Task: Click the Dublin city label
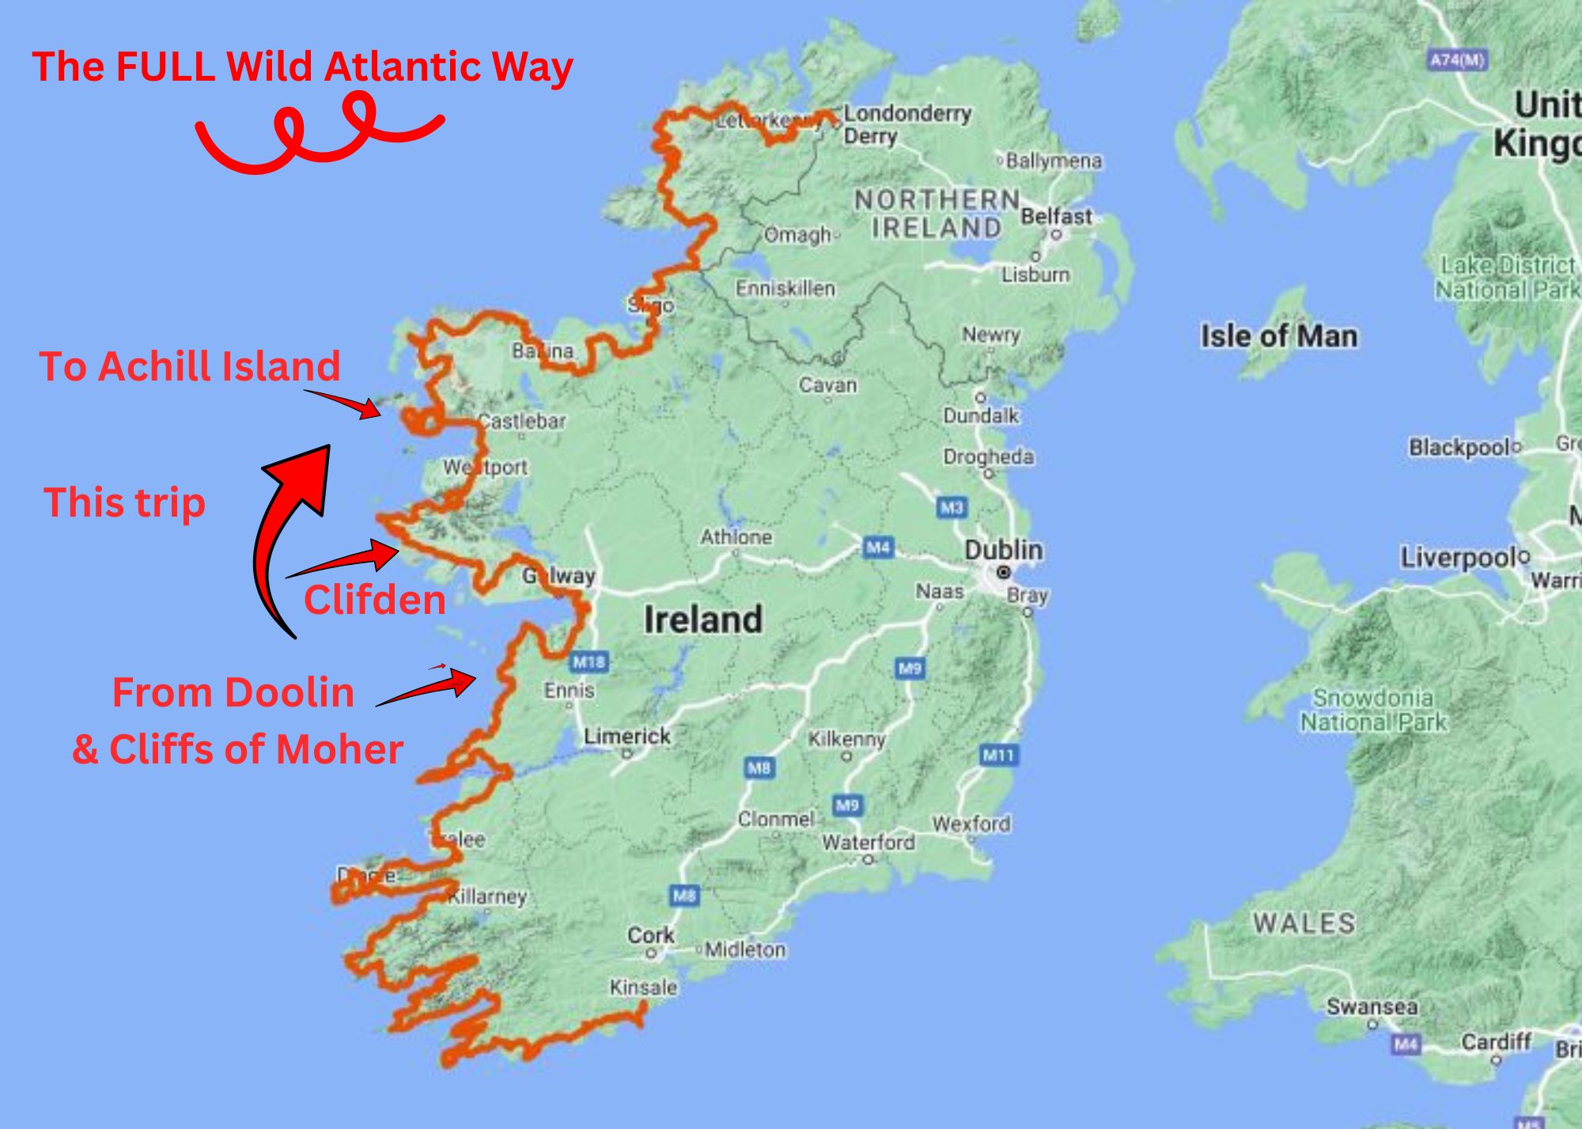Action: pos(1003,550)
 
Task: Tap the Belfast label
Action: pos(1056,216)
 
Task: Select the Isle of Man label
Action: pos(1278,335)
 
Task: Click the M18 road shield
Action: pos(589,661)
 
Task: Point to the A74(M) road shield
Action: pos(1457,60)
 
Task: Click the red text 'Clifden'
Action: pos(375,600)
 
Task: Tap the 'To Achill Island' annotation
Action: pos(190,366)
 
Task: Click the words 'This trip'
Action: pos(125,502)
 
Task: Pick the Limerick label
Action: pos(626,736)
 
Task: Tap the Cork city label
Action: pos(650,935)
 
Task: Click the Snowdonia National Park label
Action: pos(1373,710)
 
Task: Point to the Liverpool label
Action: pos(1459,558)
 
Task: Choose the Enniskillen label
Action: pos(785,288)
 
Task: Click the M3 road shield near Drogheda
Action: pos(952,506)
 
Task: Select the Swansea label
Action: pos(1372,1006)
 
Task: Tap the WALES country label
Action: pos(1304,923)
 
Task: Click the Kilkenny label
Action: pos(846,739)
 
